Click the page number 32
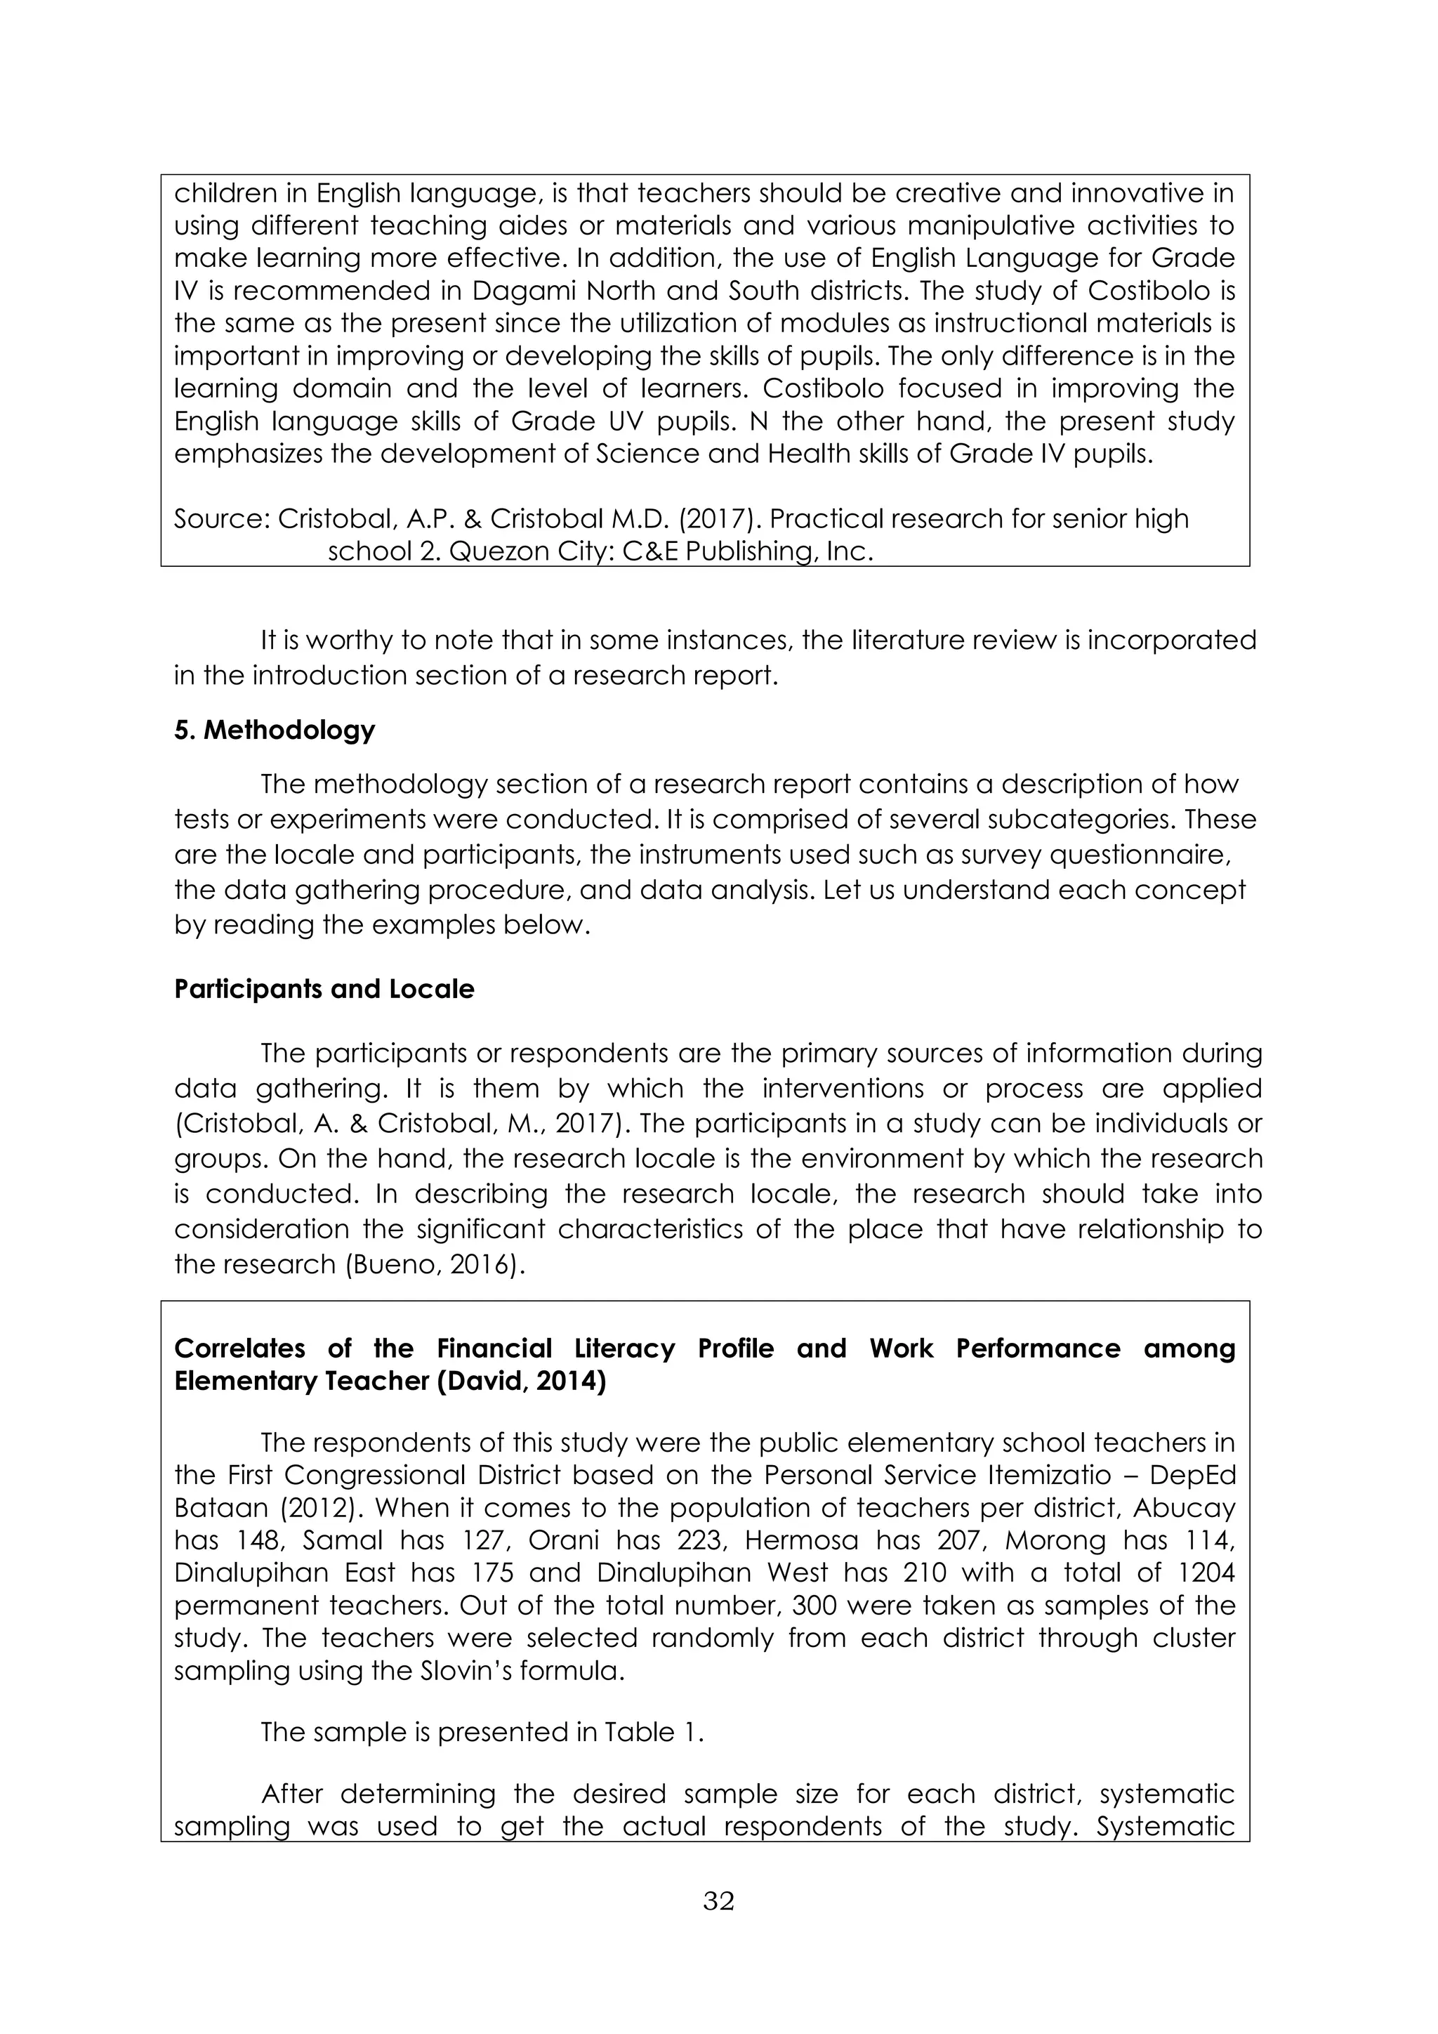[x=718, y=1901]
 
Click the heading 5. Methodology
[x=275, y=730]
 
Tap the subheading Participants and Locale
[x=324, y=989]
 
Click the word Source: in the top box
[x=221, y=518]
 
